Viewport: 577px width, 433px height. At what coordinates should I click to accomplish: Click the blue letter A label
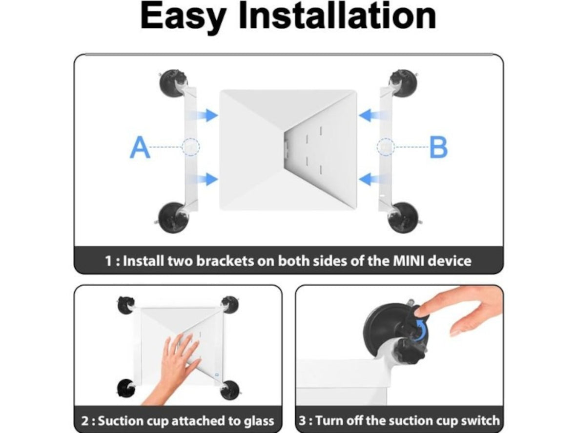click(x=140, y=148)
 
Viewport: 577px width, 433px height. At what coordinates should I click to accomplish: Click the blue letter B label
click(x=438, y=148)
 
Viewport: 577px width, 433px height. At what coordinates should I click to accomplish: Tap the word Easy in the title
click(x=183, y=17)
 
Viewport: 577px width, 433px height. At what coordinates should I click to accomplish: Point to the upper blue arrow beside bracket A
click(x=207, y=115)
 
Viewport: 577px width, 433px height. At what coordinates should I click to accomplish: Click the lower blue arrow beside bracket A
click(x=207, y=179)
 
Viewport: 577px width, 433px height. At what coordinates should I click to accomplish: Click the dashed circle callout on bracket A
click(x=190, y=146)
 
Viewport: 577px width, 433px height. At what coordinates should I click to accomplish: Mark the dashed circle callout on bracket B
click(x=386, y=146)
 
